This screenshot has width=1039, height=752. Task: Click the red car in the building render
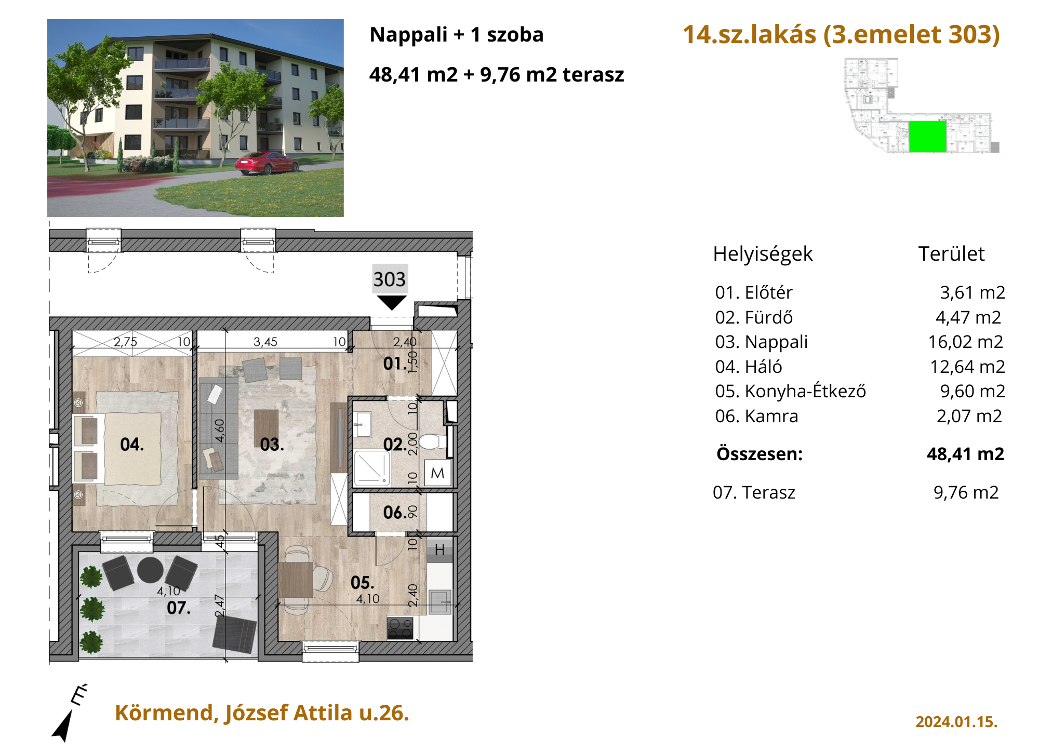pyautogui.click(x=267, y=163)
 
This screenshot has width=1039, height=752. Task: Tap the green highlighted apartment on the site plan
pyautogui.click(x=927, y=137)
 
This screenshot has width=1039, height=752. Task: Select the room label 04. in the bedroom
pyautogui.click(x=132, y=445)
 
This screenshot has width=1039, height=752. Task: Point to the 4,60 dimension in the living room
pyautogui.click(x=220, y=431)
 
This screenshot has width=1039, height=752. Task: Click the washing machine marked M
pyautogui.click(x=437, y=473)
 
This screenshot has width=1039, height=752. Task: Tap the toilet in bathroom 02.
pyautogui.click(x=432, y=442)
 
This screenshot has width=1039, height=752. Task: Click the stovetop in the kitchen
pyautogui.click(x=400, y=628)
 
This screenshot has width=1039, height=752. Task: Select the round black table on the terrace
pyautogui.click(x=151, y=570)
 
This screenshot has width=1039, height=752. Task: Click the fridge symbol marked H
pyautogui.click(x=440, y=550)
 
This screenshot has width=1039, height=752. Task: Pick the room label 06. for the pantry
pyautogui.click(x=395, y=513)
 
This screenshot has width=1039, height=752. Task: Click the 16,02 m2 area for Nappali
pyautogui.click(x=966, y=342)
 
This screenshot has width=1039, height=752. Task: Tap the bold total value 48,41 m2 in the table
pyautogui.click(x=965, y=454)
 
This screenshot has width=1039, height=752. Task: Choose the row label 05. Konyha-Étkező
pyautogui.click(x=790, y=391)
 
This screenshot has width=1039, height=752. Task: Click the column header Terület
pyautogui.click(x=951, y=254)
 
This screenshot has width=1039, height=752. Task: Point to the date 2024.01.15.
pyautogui.click(x=956, y=722)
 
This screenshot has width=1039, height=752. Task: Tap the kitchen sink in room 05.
pyautogui.click(x=440, y=602)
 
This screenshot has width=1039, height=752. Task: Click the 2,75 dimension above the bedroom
pyautogui.click(x=126, y=342)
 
